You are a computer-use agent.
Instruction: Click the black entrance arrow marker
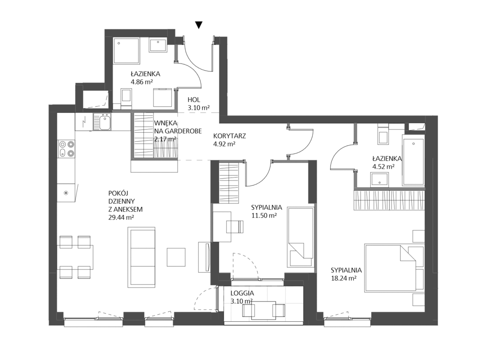coord(199,25)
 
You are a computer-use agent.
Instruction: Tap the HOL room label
coord(194,99)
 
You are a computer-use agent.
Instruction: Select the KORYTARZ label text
coord(229,136)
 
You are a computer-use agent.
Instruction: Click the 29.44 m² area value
coord(121,218)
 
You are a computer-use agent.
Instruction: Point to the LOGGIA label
coord(242,293)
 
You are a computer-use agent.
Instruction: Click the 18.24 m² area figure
coord(344,279)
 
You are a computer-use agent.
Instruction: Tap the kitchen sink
coord(103,121)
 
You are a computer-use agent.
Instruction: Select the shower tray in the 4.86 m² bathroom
coord(126,51)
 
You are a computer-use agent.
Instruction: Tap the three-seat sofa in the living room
coord(141,257)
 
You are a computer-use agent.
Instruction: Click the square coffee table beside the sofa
coord(176,257)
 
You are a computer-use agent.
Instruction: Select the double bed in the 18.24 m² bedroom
coord(390,267)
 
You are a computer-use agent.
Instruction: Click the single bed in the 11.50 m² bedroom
coord(301,237)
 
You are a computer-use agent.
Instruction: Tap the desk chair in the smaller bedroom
coord(235,227)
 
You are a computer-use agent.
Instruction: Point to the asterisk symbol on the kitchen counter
coord(66,193)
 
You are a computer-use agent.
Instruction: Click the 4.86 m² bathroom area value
coord(141,82)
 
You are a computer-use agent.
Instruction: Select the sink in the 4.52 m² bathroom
coord(380,180)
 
